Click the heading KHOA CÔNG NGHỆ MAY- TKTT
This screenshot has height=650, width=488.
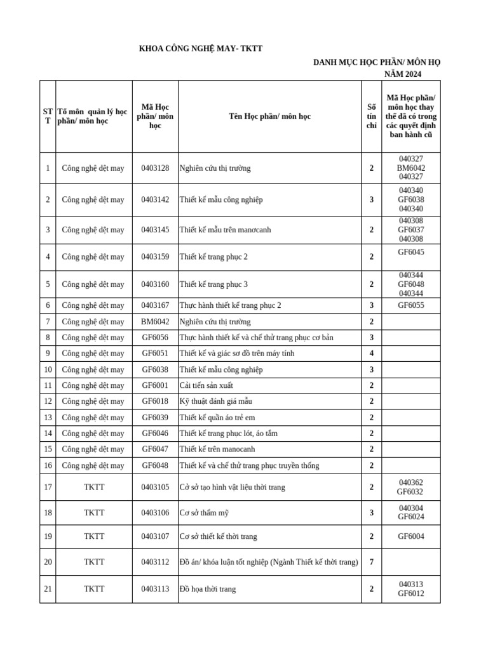200,49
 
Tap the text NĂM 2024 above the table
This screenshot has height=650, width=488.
402,74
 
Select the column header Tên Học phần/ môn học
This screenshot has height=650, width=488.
269,116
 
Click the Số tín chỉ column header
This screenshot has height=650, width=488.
371,116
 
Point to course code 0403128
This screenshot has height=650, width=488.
155,168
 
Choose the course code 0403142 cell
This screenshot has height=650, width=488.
155,200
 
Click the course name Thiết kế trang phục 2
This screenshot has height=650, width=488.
213,257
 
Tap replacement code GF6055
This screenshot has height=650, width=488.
410,305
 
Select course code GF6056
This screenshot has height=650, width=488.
155,338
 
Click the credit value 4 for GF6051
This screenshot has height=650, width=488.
371,354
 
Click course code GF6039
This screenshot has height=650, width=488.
155,418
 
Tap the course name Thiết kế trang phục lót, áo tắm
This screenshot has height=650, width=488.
228,434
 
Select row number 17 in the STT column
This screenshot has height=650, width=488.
48,487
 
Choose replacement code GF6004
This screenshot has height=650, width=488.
410,536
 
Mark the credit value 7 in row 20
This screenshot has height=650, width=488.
371,562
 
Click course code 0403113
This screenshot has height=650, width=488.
155,589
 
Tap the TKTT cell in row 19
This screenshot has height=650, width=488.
94,536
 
